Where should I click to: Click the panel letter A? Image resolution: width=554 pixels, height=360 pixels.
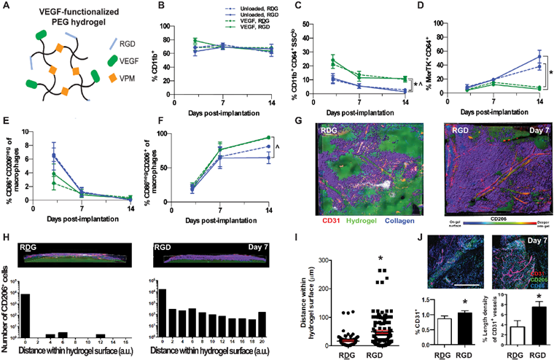pyautogui.click(x=7, y=7)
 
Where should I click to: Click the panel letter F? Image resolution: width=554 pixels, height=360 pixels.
pyautogui.click(x=146, y=122)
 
